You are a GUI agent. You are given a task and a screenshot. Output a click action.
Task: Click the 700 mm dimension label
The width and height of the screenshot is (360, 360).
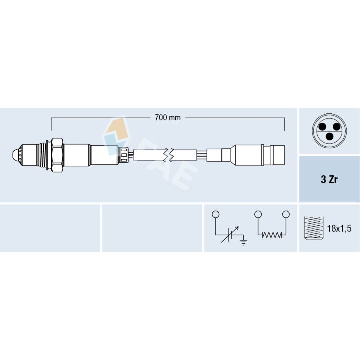[x=168, y=118]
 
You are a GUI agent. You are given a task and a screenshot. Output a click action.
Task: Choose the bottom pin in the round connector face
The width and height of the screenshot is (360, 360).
[x=329, y=136]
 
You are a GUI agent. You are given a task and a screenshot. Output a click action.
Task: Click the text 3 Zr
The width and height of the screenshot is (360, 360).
[x=329, y=180]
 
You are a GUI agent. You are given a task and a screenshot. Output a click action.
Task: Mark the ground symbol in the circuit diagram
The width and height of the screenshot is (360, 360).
[x=243, y=243]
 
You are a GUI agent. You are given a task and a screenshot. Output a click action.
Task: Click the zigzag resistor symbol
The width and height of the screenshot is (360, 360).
[x=272, y=236]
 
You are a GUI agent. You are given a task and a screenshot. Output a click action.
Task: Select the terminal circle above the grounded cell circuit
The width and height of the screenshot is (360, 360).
[x=215, y=214]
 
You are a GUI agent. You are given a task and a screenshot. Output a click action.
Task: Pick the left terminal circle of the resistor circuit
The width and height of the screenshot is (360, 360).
[x=257, y=214]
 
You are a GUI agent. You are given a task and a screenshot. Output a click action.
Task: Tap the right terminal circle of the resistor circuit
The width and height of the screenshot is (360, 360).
[x=286, y=214]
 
